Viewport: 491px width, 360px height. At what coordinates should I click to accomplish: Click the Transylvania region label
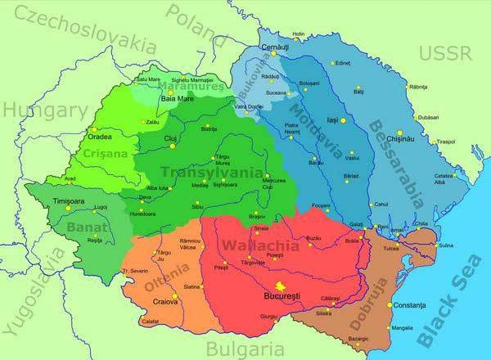pos(212,173)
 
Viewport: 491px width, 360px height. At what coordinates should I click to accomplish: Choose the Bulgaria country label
pos(239,347)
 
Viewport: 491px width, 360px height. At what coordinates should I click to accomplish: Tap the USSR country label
pos(446,54)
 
